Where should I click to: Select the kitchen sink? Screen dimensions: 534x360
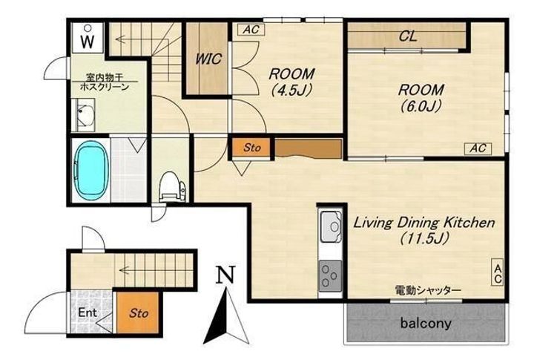(x=330, y=226)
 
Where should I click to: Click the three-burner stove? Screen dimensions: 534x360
(x=330, y=276)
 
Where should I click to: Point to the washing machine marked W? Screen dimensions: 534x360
(x=88, y=38)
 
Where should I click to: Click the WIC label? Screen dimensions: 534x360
(x=208, y=59)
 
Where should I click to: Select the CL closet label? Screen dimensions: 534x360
(x=408, y=36)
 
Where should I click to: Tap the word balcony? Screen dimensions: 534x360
(x=426, y=323)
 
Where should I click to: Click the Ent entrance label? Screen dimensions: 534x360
(x=88, y=312)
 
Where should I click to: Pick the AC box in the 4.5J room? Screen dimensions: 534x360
(x=251, y=29)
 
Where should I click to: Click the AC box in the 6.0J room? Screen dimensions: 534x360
(x=478, y=148)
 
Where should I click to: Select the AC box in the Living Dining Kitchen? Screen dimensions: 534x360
(x=497, y=272)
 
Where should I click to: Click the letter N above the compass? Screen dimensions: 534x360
(x=226, y=275)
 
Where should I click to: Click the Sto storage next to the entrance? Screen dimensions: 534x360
(x=138, y=312)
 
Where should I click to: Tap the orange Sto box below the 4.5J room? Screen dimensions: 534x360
(x=252, y=148)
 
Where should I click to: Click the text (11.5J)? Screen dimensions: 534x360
(x=423, y=238)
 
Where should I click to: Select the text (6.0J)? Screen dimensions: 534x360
(x=421, y=106)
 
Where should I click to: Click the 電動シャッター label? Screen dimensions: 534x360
(x=428, y=290)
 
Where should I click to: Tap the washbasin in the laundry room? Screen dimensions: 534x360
(x=85, y=115)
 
